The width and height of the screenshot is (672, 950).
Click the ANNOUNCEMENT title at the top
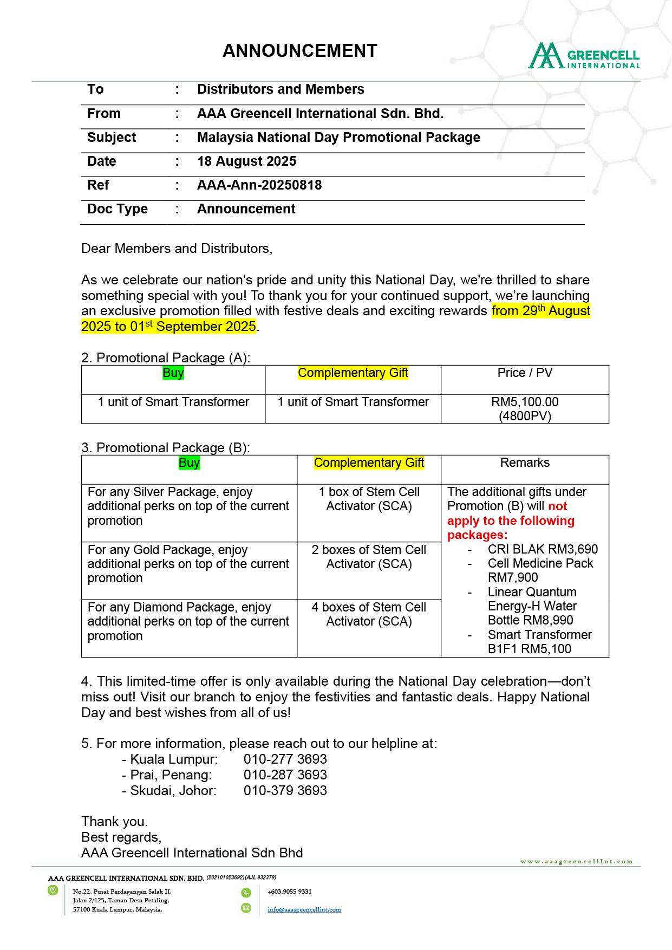click(x=299, y=51)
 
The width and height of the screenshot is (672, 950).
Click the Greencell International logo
click(x=584, y=56)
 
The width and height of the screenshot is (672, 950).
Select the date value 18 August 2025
click(x=246, y=161)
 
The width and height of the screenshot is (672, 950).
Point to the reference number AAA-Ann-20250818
click(x=259, y=185)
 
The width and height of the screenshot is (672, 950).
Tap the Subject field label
click(x=112, y=138)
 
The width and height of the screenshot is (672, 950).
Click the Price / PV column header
click(x=525, y=373)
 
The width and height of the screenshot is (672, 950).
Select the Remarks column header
click(x=525, y=463)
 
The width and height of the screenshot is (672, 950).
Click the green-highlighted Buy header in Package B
click(x=189, y=463)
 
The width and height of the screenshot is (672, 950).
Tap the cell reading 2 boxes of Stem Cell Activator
click(x=369, y=557)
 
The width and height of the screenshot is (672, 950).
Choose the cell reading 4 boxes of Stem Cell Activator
click(x=369, y=614)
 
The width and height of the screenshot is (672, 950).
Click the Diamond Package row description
click(x=188, y=621)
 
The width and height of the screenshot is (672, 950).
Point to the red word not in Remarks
click(x=558, y=506)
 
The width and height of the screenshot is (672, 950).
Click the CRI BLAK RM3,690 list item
click(x=543, y=549)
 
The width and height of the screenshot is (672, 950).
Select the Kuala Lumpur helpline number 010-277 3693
click(x=285, y=759)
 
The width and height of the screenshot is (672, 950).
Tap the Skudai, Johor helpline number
click(x=285, y=791)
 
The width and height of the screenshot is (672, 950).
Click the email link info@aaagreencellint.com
click(x=304, y=909)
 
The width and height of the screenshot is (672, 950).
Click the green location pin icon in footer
click(x=53, y=890)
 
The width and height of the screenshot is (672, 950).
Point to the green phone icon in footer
click(x=246, y=893)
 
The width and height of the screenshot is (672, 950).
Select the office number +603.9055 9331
click(x=289, y=892)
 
